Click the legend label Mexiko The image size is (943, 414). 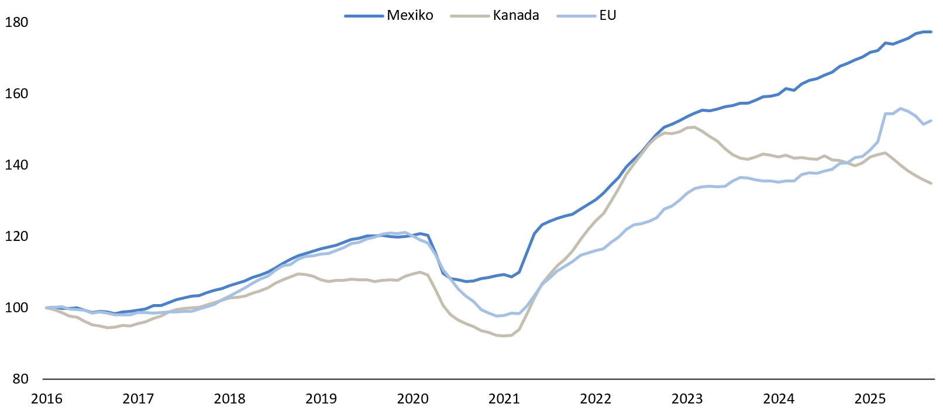pos(409,16)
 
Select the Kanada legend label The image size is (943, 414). pos(515,16)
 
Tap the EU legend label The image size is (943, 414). pos(607,16)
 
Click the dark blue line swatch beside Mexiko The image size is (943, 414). pos(364,16)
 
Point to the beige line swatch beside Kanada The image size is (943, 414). pos(470,16)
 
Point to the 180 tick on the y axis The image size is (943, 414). pos(16,22)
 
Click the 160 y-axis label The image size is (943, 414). pos(16,94)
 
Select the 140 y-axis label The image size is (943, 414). pos(16,165)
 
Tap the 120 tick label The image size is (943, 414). pos(16,236)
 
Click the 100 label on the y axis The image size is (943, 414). pos(16,308)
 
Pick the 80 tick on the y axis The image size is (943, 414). pos(20,379)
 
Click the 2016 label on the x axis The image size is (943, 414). pos(46,399)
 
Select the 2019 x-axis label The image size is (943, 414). pos(321,399)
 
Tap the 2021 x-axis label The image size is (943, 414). pos(504,399)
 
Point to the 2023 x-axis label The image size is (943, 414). pos(687,399)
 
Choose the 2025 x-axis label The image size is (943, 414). pos(870,399)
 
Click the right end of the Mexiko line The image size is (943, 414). pos(931,32)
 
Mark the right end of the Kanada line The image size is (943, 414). pos(931,184)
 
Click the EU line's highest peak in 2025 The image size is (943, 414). pos(900,108)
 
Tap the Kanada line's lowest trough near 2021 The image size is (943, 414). pos(504,336)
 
